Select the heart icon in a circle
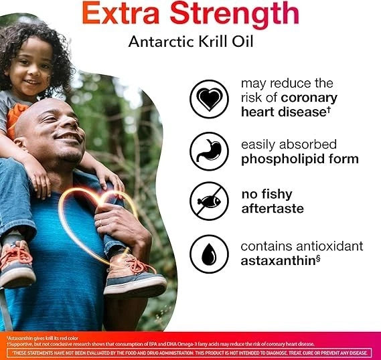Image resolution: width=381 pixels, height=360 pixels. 209,99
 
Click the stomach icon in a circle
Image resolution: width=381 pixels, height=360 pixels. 209,151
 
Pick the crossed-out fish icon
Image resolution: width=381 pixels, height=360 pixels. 209,201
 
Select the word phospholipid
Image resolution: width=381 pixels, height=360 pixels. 290,159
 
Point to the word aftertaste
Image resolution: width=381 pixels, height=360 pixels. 272,209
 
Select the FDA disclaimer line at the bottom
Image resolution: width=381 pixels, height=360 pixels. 190,353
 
